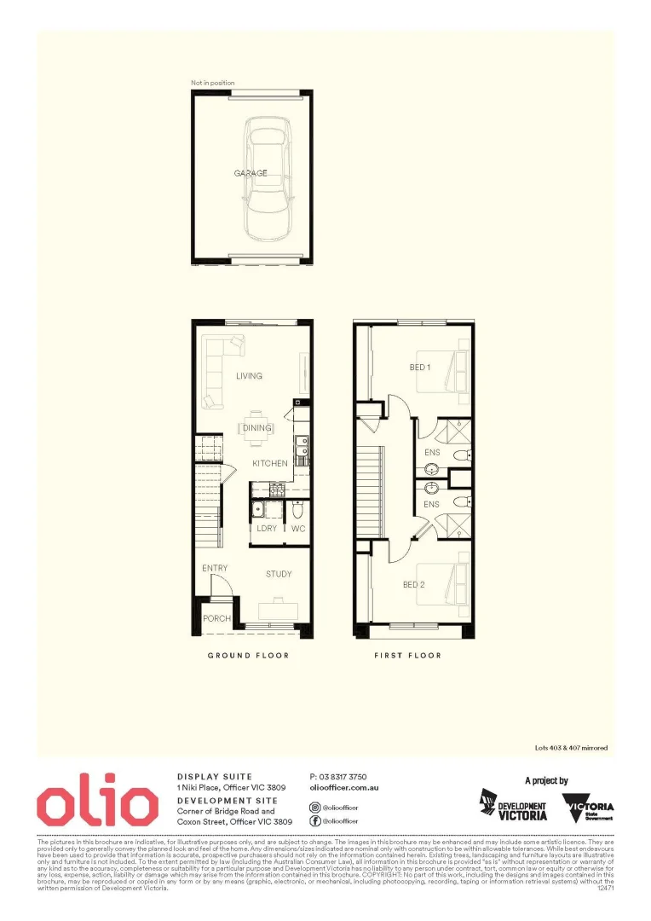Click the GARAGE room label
click(x=251, y=173)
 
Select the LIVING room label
click(x=249, y=376)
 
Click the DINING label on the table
click(x=257, y=428)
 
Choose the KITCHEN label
click(x=269, y=463)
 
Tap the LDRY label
click(x=267, y=529)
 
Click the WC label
click(x=298, y=529)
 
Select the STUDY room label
click(x=279, y=574)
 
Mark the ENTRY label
click(x=214, y=569)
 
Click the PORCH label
click(x=216, y=618)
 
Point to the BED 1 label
click(x=420, y=368)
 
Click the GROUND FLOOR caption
click(x=249, y=655)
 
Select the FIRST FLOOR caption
click(x=408, y=655)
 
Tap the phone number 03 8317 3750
click(x=338, y=777)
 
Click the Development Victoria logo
click(x=512, y=806)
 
